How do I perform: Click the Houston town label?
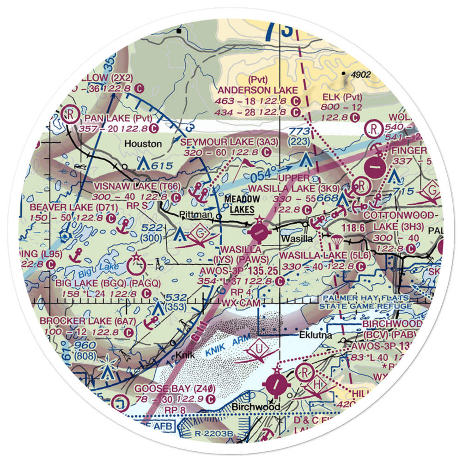coord(143,144)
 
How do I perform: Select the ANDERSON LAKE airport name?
coord(259,90)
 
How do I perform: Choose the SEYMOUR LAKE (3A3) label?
coord(229,142)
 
